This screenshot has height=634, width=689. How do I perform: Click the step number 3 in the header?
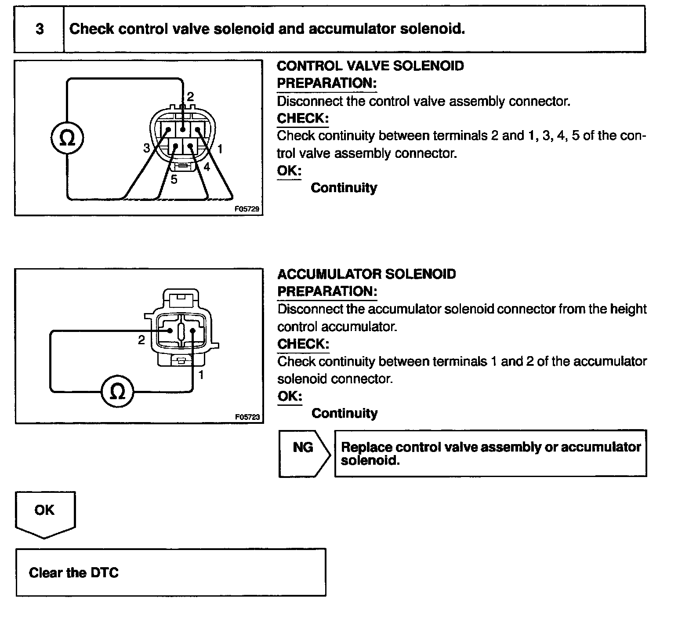point(40,29)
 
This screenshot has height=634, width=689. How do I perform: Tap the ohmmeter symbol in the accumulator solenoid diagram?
point(117,391)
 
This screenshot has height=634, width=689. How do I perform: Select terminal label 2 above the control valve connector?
point(190,97)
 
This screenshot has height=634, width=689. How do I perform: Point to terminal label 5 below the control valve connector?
point(174,179)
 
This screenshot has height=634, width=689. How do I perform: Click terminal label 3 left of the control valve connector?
point(146,148)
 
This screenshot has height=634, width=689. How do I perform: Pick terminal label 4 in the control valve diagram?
point(207,167)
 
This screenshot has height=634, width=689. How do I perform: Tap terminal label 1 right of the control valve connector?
point(220,149)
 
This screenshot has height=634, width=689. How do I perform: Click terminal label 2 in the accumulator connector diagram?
point(141,340)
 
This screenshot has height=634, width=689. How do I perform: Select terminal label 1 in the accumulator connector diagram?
point(201,375)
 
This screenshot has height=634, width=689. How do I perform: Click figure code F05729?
point(248,209)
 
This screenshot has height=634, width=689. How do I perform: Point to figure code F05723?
point(248,417)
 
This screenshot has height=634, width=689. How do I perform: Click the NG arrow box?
point(304,453)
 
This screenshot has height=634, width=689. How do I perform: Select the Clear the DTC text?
point(74,572)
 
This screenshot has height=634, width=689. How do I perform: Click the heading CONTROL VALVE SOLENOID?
point(370,66)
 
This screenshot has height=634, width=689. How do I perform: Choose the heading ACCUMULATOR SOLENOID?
point(366,274)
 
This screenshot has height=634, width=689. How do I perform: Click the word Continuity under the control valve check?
point(344,188)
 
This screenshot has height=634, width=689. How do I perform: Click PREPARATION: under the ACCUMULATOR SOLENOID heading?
point(327,291)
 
